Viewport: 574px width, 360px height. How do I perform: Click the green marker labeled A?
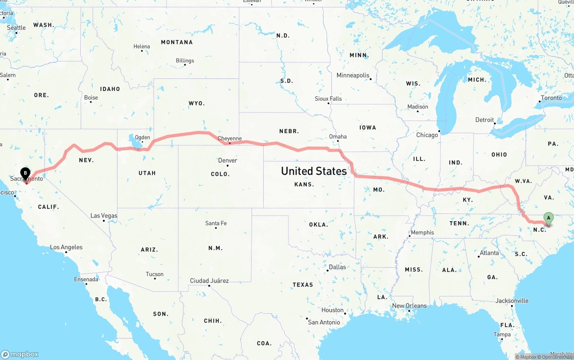point(548,218)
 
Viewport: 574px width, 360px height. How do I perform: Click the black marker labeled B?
point(26,173)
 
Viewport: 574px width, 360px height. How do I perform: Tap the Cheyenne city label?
point(230,139)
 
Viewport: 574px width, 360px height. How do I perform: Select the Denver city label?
point(227,160)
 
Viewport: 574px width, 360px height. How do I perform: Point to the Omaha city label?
point(338,137)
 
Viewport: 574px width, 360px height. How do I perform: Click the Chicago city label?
point(427,135)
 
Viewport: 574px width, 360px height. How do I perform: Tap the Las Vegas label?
point(104,216)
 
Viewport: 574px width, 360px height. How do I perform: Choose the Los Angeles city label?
point(66,247)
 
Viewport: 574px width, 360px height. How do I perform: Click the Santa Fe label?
point(216,223)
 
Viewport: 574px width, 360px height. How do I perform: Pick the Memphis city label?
point(422,232)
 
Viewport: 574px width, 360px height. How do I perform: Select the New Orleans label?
point(409,306)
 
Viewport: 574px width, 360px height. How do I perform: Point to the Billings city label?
point(185,61)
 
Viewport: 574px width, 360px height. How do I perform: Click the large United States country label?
point(314,171)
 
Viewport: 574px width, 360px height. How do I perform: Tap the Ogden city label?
point(142,138)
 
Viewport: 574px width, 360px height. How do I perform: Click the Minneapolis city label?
point(353,75)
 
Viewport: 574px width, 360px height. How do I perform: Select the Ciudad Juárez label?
point(209,281)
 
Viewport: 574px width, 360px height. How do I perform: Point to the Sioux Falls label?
point(328,99)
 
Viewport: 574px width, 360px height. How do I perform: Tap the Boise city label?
point(91,98)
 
